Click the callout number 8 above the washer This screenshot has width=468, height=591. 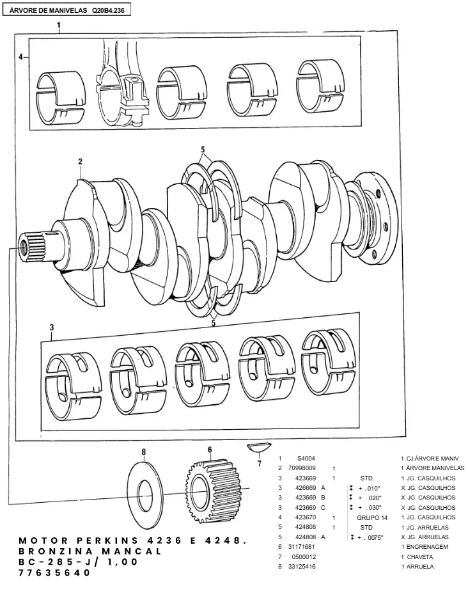tap(144, 452)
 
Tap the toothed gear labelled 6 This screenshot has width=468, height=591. tap(214, 486)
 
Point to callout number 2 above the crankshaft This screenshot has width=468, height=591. tap(81, 161)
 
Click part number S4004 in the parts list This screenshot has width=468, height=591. tap(306, 459)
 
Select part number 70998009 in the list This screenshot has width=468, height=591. tap(302, 468)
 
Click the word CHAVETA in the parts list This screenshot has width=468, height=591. tap(420, 556)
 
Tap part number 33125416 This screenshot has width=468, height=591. tap(302, 566)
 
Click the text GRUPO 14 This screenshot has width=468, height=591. tap(372, 517)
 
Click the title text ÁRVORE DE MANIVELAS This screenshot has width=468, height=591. tap(48, 10)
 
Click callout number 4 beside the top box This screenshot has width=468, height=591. tap(20, 57)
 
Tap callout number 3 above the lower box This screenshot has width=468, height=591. tap(52, 327)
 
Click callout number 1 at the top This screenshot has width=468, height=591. tap(59, 25)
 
